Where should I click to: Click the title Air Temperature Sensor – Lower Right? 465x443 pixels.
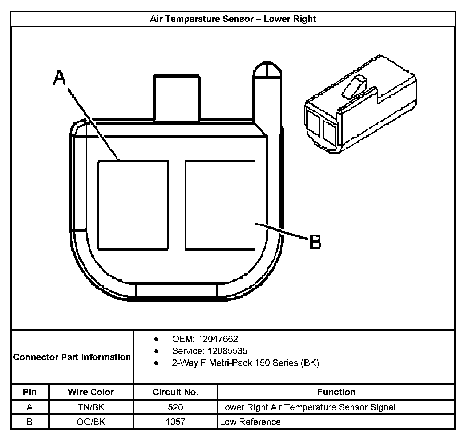point(233,19)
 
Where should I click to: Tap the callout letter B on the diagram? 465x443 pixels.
point(315,242)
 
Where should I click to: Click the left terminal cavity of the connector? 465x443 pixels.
point(133,206)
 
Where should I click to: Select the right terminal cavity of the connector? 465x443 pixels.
point(220,206)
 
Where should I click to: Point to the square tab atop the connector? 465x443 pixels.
point(177,98)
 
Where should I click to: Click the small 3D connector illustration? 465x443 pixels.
point(360,105)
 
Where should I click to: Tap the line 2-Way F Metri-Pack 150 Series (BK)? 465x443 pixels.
point(245,363)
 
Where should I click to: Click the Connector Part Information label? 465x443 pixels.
point(72,357)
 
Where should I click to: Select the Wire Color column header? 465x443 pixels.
point(91,392)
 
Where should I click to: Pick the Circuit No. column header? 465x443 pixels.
point(175,392)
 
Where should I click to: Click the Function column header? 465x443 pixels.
point(336,392)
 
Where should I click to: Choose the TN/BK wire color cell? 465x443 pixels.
point(91,407)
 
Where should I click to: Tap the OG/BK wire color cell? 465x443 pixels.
point(91,422)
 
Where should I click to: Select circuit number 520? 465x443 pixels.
point(175,407)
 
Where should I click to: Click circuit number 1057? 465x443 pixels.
point(175,422)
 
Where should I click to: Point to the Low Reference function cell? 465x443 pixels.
point(250,422)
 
